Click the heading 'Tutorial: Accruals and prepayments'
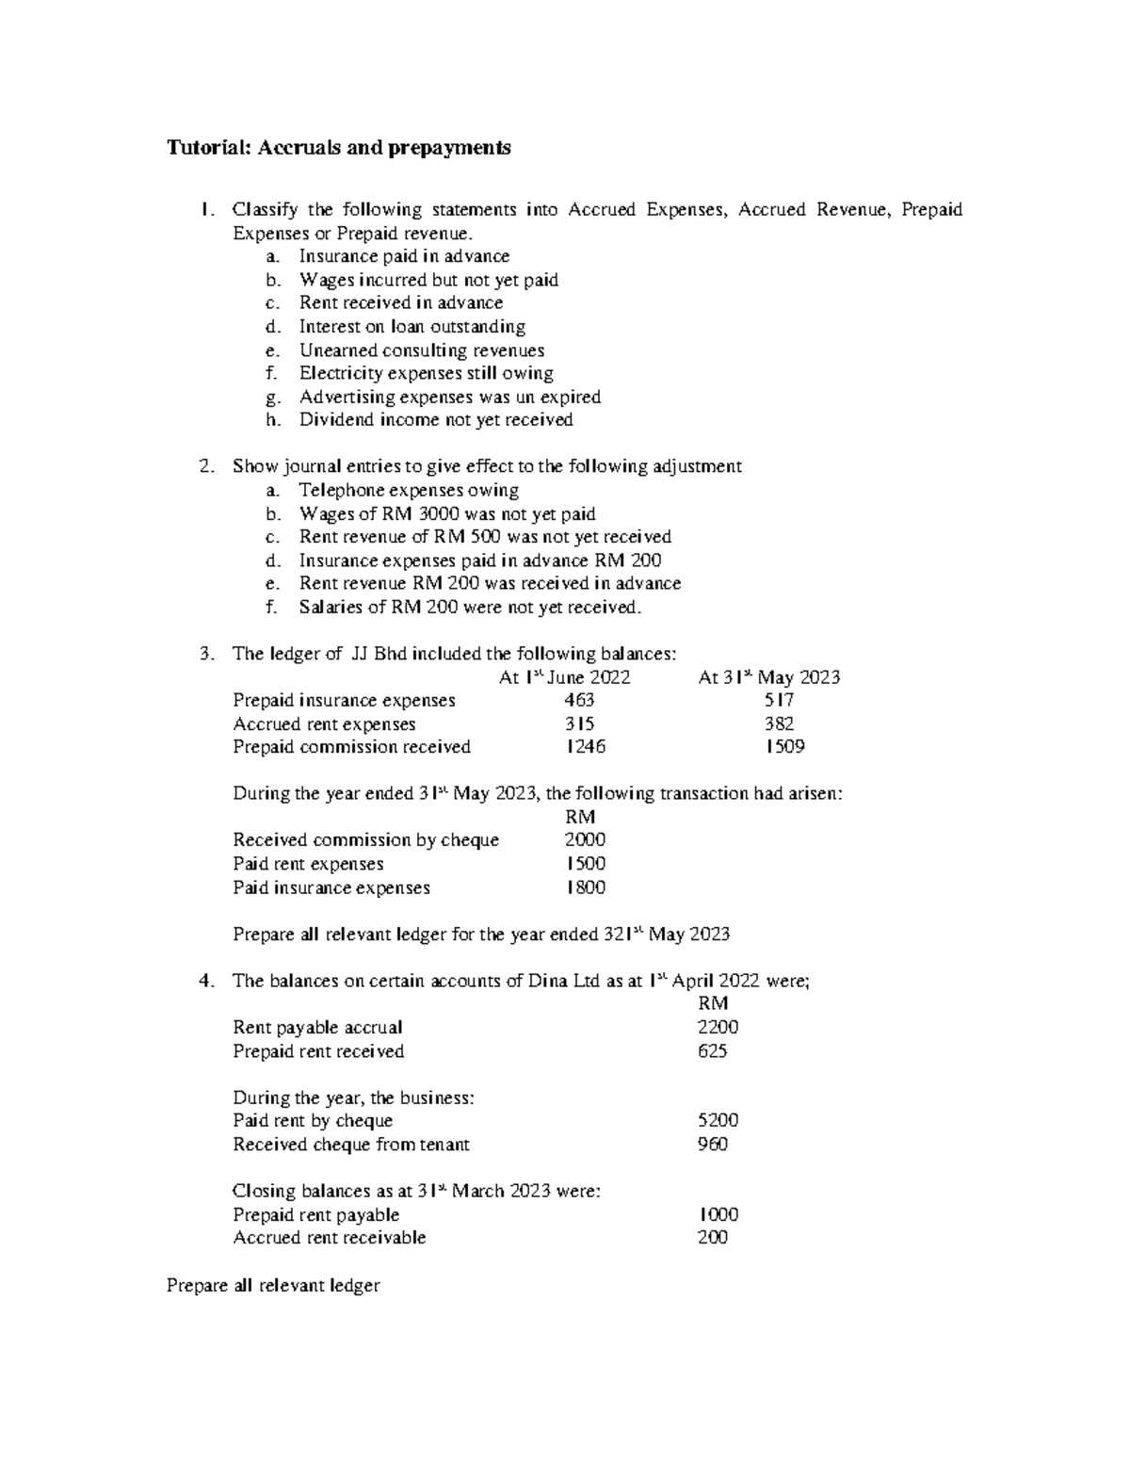click(339, 148)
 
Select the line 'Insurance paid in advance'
click(404, 256)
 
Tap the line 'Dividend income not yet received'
click(436, 420)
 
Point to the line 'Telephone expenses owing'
click(409, 491)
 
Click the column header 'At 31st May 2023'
click(769, 677)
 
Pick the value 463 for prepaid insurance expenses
click(579, 701)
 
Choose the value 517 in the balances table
click(779, 701)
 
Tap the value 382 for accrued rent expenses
click(779, 724)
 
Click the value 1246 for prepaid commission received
click(585, 747)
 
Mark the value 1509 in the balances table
click(784, 747)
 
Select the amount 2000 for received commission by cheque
click(585, 840)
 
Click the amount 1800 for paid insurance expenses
click(585, 887)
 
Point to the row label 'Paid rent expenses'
click(308, 864)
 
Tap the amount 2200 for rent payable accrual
click(718, 1028)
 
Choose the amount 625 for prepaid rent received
click(712, 1051)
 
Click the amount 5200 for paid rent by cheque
click(718, 1121)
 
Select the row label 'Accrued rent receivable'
click(329, 1238)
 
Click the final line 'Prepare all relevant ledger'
click(273, 1285)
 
